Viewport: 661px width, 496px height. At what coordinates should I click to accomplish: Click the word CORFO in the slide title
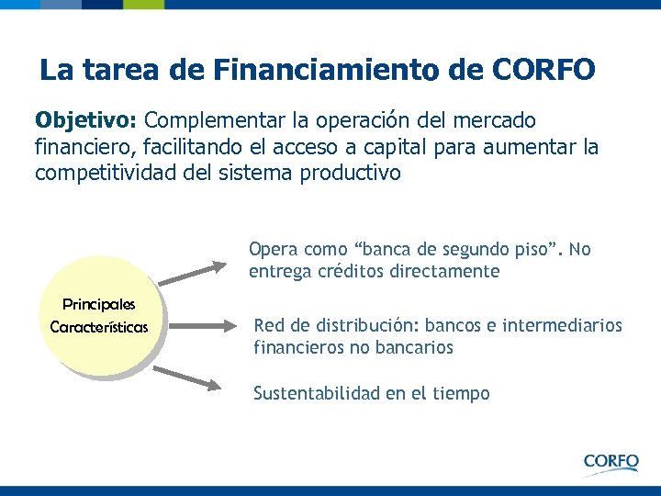[543, 69]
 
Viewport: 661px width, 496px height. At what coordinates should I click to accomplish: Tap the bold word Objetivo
[85, 121]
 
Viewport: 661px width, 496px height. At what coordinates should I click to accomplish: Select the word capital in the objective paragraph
[392, 147]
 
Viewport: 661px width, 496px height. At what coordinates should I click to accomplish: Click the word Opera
[273, 249]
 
